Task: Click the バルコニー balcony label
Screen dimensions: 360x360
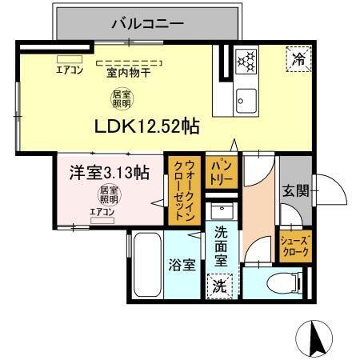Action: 147,22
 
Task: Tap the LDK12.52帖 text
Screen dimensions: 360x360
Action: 147,126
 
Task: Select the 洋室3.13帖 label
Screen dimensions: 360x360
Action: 109,171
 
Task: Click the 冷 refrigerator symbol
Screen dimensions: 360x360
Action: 298,58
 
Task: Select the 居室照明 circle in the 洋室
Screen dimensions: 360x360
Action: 109,194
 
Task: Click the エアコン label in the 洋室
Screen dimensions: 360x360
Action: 102,211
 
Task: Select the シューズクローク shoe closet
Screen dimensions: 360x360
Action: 294,246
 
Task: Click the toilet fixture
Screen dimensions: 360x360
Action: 272,283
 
